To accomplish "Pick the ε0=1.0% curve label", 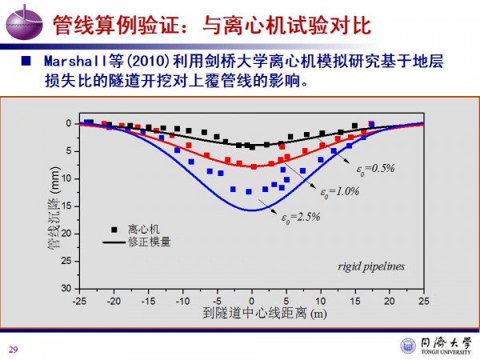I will [340, 192].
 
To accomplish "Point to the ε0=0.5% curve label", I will [376, 168].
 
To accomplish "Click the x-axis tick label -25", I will [79, 301].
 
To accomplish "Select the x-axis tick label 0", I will [252, 301].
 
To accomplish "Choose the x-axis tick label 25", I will [424, 301].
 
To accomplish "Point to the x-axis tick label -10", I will [182, 301].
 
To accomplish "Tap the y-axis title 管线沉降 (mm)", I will [53, 205].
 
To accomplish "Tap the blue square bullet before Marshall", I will [26, 62].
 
